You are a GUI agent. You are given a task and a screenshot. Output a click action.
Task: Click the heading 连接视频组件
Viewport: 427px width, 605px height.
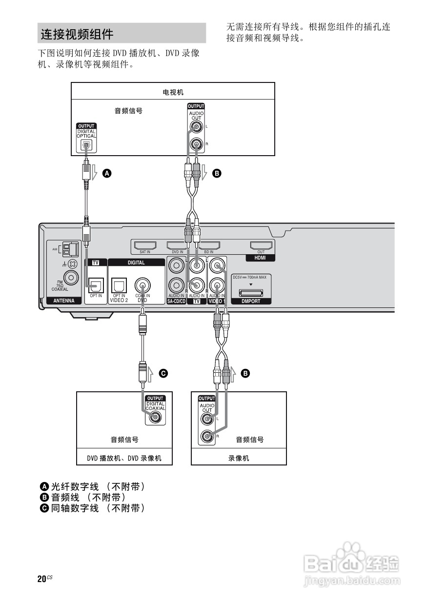tap(77, 34)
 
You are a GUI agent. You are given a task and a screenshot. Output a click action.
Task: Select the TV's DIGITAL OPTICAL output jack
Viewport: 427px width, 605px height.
tap(86, 145)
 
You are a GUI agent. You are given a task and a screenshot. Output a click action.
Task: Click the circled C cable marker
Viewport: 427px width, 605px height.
tap(164, 373)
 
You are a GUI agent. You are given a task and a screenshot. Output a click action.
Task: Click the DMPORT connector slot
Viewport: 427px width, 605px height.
tap(251, 293)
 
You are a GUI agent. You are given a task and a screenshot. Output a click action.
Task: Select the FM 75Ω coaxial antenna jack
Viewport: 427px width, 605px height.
tap(71, 278)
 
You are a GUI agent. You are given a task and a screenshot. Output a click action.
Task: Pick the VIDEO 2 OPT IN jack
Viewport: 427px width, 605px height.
tap(119, 285)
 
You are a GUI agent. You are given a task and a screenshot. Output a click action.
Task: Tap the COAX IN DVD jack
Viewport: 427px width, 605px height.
tap(142, 284)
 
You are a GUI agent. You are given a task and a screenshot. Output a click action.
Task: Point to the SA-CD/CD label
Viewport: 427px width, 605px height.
tap(176, 302)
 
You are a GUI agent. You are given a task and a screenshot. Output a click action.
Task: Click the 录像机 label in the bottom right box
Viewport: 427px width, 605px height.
tap(238, 458)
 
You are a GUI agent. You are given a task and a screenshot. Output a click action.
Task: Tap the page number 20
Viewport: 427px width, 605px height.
tap(41, 579)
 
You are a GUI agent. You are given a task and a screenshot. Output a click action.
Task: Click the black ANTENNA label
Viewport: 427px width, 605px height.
tap(64, 301)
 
